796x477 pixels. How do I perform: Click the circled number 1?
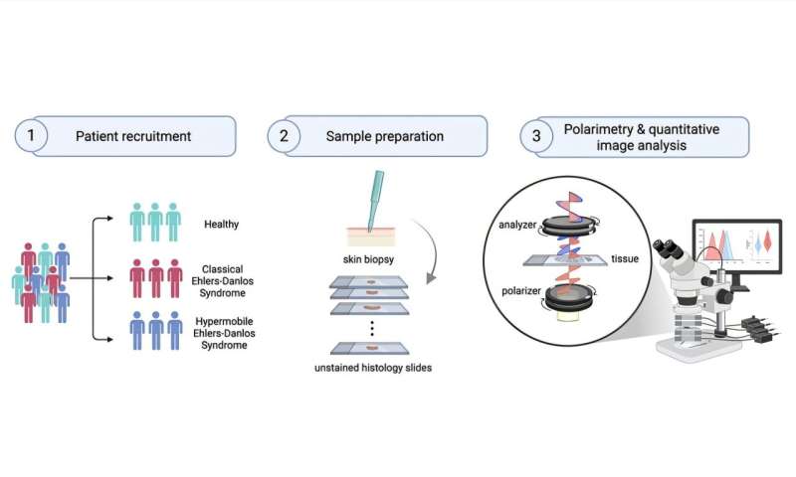coord(33,136)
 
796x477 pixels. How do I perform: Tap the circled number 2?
coord(284,136)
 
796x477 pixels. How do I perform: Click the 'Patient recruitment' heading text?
coord(133,136)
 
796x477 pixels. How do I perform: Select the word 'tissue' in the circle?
coord(625,259)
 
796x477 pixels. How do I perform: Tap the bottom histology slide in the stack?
coord(370,350)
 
